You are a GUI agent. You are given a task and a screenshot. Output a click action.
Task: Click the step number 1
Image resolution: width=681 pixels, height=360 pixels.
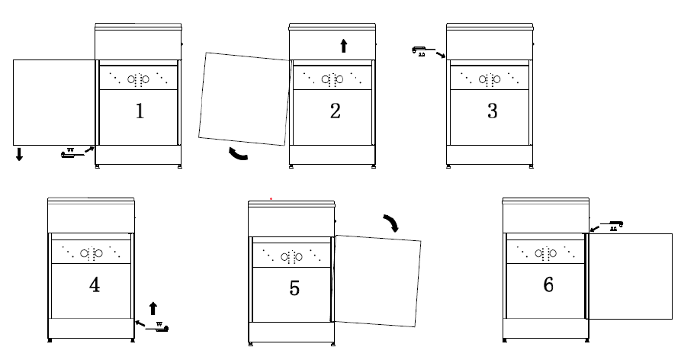pos(140,111)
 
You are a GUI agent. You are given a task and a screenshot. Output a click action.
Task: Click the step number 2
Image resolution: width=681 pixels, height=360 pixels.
pos(336,111)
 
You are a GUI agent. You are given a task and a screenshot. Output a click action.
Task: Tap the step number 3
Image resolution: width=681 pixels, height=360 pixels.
pos(492,111)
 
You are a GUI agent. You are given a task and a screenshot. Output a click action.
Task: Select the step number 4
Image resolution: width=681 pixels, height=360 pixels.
pos(95,285)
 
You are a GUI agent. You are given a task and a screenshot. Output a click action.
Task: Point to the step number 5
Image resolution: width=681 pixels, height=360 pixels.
pos(294,288)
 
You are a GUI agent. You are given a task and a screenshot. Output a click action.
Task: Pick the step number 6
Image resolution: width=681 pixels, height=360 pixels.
pos(548,285)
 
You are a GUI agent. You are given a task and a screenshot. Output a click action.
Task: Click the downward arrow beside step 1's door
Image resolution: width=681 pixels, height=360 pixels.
pos(19,154)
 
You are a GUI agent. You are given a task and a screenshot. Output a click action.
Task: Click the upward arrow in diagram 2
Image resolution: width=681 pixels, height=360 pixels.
pos(344,46)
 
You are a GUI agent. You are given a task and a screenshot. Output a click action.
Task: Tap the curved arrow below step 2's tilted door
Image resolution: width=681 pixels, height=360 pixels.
pos(237,155)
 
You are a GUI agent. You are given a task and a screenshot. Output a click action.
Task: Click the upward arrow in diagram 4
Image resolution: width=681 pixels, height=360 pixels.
pos(153,308)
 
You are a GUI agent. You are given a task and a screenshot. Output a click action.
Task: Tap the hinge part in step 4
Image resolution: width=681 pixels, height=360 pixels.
pos(157,327)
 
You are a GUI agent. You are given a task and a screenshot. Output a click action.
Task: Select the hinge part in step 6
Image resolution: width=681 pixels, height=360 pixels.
pos(612,225)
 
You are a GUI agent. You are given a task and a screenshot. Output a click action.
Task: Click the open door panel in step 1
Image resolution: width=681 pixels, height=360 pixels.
pos(54,102)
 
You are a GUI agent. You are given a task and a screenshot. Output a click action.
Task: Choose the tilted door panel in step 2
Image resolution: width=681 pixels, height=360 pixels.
pos(244,99)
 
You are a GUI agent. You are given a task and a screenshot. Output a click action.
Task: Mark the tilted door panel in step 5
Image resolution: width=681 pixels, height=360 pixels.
pos(376,281)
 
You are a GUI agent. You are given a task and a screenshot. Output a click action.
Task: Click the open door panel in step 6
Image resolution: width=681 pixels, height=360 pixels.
pos(630,276)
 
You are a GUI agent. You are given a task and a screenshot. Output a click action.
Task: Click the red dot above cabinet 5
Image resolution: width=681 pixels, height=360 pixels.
pos(271,199)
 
